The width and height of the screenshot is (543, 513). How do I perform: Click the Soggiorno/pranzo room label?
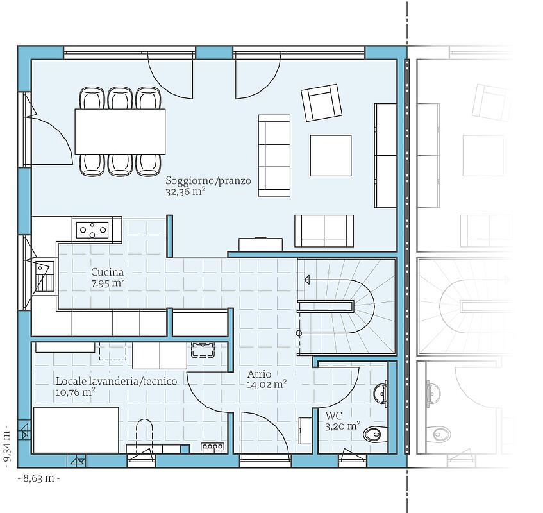pos(208,181)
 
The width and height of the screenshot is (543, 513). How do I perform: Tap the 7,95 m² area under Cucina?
pos(108,283)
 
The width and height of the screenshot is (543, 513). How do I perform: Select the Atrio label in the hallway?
pos(259,374)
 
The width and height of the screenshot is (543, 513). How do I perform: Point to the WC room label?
pos(333,416)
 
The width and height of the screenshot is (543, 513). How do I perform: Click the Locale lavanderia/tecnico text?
pos(117,382)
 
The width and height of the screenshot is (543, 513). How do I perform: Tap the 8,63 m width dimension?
pos(38,478)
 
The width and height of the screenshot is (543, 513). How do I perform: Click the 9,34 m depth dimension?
pos(8,450)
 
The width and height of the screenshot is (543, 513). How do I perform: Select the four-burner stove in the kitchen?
pos(92,230)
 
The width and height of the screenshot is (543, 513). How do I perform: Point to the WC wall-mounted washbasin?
pos(380,393)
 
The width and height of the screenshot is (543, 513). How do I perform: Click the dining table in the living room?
pos(120,131)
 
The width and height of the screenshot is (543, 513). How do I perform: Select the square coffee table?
pos(331,156)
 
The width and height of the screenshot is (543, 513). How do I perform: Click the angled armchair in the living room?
pos(321,103)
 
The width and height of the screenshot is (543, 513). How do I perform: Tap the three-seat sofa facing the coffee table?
pos(274,156)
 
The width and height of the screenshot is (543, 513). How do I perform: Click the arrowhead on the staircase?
pos(307,280)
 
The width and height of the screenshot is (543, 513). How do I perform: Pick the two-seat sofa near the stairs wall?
pos(324,231)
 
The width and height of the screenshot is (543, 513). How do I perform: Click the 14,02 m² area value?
pos(267,384)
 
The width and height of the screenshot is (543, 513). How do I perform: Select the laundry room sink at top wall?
pos(203,349)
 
